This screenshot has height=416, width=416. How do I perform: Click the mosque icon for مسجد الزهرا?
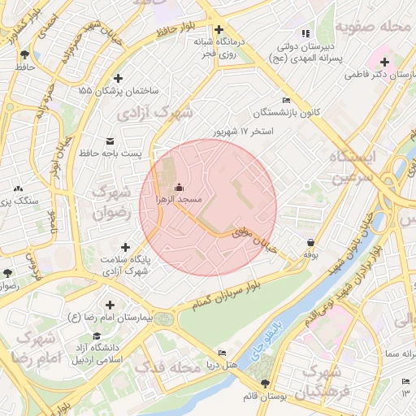179,186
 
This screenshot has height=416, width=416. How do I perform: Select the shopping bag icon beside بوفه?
312,242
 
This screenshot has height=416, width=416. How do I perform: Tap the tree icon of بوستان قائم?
265,383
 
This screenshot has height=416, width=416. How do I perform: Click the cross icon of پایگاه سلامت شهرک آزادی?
125,246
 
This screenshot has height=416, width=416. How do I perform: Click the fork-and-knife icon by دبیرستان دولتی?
305,33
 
